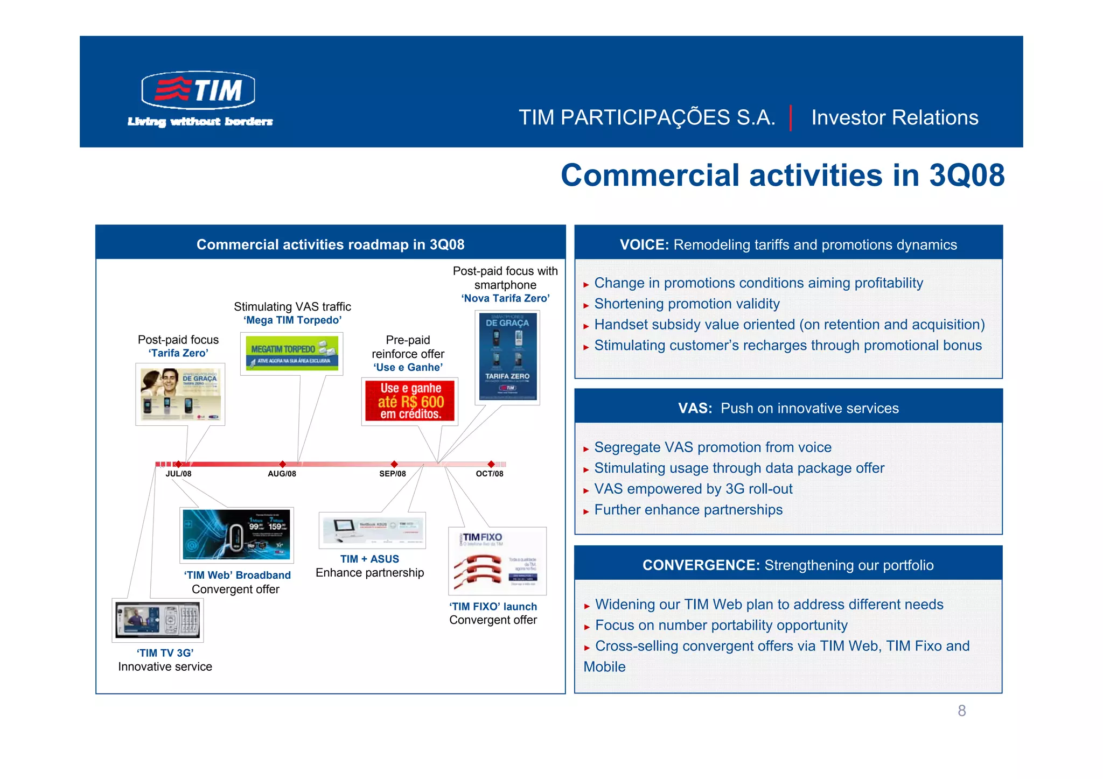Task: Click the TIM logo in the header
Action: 198,90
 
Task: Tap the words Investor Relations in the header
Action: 894,117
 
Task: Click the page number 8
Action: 961,711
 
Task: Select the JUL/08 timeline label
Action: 178,474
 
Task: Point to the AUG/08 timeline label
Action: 282,474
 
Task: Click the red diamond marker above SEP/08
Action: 394,464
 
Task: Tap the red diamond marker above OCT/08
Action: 491,464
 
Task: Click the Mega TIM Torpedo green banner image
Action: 291,353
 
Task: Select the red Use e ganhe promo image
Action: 410,401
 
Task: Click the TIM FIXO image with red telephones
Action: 497,561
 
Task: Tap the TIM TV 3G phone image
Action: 158,620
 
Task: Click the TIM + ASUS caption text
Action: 369,559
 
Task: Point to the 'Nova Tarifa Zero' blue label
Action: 505,298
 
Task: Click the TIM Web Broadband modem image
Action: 236,535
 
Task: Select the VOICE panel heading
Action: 788,244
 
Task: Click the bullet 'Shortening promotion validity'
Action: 686,304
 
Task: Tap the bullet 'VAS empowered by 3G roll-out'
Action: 693,489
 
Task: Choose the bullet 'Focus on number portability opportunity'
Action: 721,625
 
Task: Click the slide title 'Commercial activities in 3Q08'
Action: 782,176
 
